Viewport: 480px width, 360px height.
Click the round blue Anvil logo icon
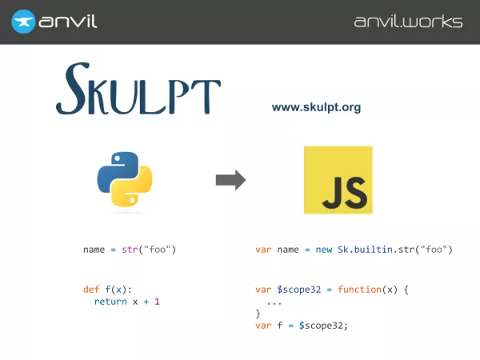pyautogui.click(x=23, y=22)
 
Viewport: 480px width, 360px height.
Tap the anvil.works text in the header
pyautogui.click(x=408, y=22)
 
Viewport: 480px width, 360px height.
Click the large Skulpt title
pyautogui.click(x=138, y=89)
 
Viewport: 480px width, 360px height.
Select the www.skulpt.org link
pyautogui.click(x=316, y=107)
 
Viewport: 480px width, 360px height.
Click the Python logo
pyautogui.click(x=125, y=179)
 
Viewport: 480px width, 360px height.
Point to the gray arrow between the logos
pyautogui.click(x=231, y=180)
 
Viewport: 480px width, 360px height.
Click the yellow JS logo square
pyautogui.click(x=338, y=180)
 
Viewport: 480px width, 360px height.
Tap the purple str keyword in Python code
pyautogui.click(x=130, y=250)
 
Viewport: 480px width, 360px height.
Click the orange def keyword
pyautogui.click(x=91, y=290)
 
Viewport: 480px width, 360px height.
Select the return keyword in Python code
pyautogui.click(x=110, y=302)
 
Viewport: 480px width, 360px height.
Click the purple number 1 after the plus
pyautogui.click(x=157, y=302)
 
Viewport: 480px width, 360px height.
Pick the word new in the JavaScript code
pyautogui.click(x=324, y=250)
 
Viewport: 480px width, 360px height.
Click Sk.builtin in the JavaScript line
pyautogui.click(x=366, y=250)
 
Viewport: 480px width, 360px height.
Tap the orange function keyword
pyautogui.click(x=360, y=290)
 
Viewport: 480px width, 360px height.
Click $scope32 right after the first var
pyautogui.click(x=299, y=290)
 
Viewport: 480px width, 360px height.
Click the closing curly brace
pyautogui.click(x=258, y=314)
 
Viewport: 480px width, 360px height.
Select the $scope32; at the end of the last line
pyautogui.click(x=323, y=326)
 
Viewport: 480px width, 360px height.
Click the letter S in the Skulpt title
pyautogui.click(x=73, y=89)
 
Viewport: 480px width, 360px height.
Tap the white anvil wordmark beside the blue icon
pyautogui.click(x=68, y=21)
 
